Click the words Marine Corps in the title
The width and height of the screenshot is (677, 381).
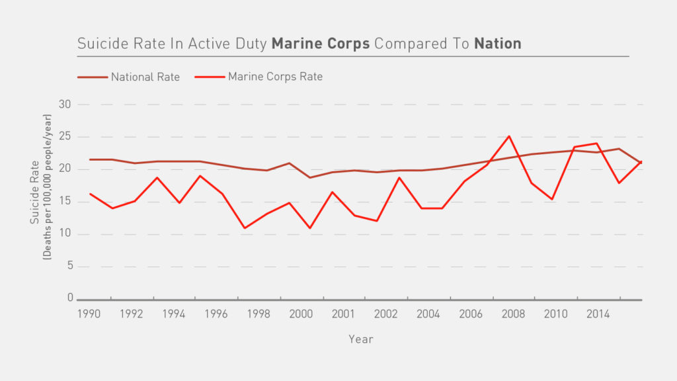(x=320, y=44)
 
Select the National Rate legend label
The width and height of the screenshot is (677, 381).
(x=145, y=77)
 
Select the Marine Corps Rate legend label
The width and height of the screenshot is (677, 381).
(x=275, y=77)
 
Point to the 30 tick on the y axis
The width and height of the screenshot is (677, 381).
(x=65, y=105)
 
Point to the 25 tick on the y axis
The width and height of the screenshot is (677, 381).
(x=65, y=137)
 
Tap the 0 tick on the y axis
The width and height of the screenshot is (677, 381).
(x=69, y=298)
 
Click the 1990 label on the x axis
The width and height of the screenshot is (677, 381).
(x=89, y=313)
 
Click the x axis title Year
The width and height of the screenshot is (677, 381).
(x=361, y=339)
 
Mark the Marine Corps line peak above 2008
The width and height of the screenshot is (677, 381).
(x=508, y=136)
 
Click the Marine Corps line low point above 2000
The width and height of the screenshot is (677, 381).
(x=309, y=228)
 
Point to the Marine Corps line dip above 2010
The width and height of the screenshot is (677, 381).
(x=553, y=199)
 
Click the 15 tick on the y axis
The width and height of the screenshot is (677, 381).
(x=65, y=202)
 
